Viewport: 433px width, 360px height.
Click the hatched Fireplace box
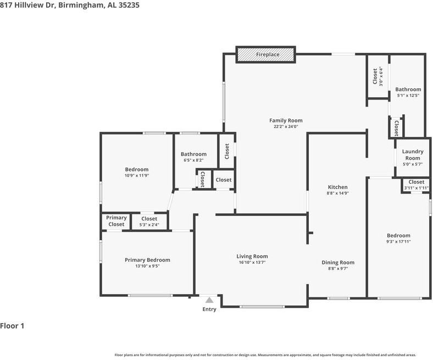pos(265,54)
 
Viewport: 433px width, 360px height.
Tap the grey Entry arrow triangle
pos(209,300)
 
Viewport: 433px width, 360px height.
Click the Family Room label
pos(286,120)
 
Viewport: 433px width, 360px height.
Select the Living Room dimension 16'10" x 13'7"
pos(252,262)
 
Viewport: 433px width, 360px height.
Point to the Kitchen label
pos(337,187)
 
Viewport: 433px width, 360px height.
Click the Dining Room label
pos(338,263)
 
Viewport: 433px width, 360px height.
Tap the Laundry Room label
pos(413,155)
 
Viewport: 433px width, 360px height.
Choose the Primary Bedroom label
pos(147,260)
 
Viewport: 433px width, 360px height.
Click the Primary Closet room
pos(116,221)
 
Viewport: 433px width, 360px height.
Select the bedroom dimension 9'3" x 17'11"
pos(398,241)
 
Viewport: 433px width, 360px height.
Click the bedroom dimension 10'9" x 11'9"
pos(137,175)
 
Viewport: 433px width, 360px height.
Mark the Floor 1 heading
pos(12,326)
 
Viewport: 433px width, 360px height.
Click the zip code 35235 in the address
pos(129,5)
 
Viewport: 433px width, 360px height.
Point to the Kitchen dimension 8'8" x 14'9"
pos(338,193)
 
